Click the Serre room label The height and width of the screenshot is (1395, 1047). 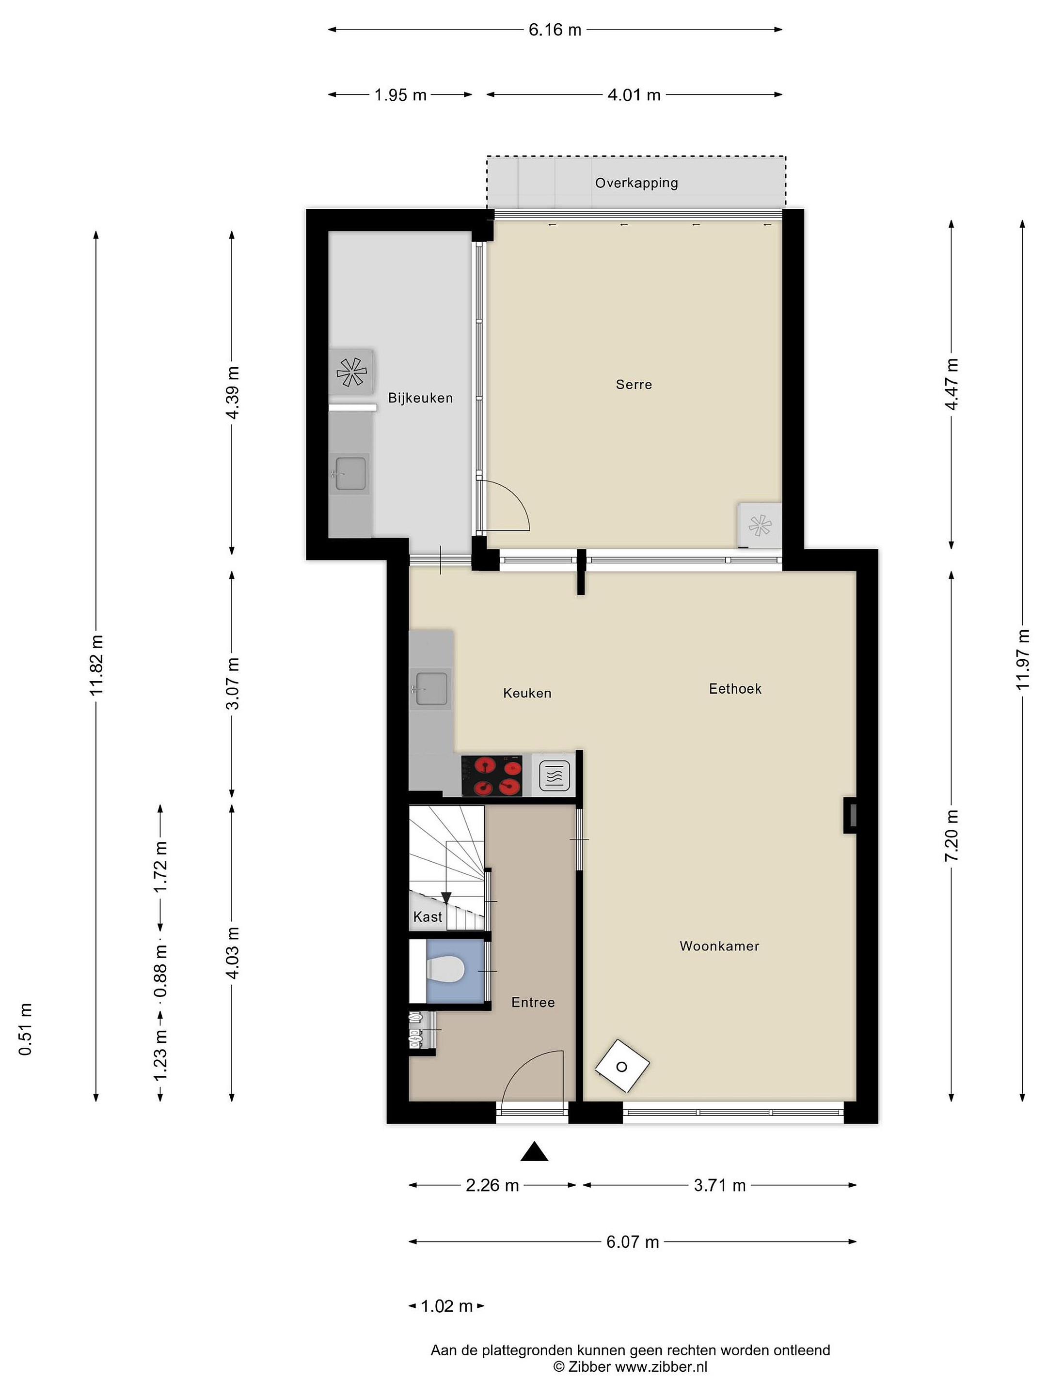[x=634, y=384]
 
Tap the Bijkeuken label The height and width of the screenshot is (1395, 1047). [x=420, y=398]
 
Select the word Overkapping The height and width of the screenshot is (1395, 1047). [x=636, y=183]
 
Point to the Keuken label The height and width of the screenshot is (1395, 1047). [x=527, y=693]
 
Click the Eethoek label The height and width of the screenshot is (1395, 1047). [x=735, y=689]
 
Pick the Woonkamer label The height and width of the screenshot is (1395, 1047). [x=719, y=946]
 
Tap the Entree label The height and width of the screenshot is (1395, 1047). [x=533, y=1002]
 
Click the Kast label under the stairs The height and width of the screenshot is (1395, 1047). [x=427, y=917]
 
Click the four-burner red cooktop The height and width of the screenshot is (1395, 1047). [x=492, y=776]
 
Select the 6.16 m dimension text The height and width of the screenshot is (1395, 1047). [x=555, y=30]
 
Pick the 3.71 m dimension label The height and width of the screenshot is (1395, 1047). [x=719, y=1186]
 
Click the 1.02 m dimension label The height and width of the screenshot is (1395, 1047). [x=446, y=1306]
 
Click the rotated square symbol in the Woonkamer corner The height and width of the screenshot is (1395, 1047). [x=622, y=1067]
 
